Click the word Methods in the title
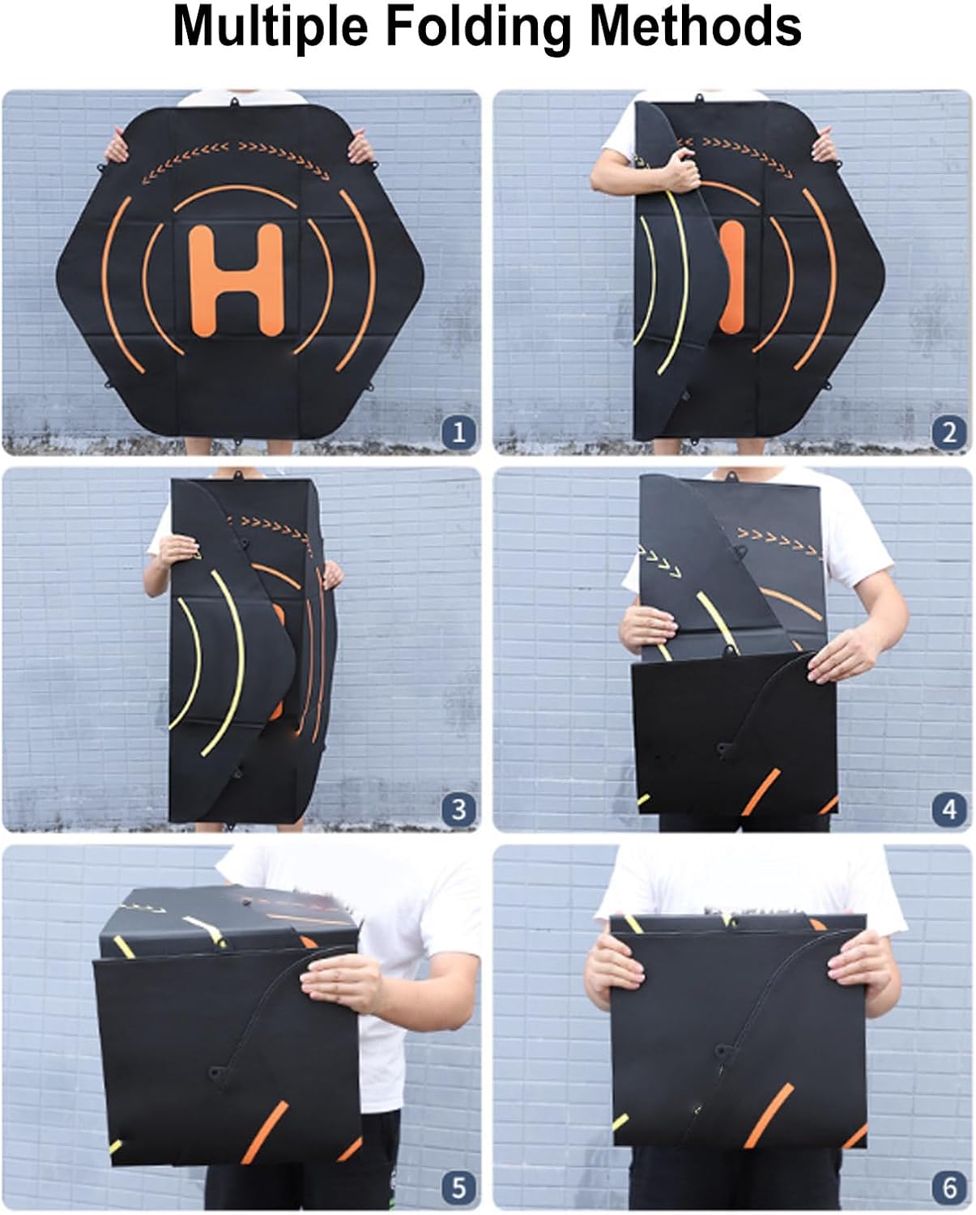coord(696,26)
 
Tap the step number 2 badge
coord(949,433)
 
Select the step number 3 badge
coord(458,809)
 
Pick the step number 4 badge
coord(949,809)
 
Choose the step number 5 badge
coord(458,1186)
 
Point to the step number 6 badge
coord(949,1186)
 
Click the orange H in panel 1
coord(236,280)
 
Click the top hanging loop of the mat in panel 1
coord(234,103)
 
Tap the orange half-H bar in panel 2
coord(731,277)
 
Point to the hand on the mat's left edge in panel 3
coord(180,551)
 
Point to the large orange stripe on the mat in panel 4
coord(761,792)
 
